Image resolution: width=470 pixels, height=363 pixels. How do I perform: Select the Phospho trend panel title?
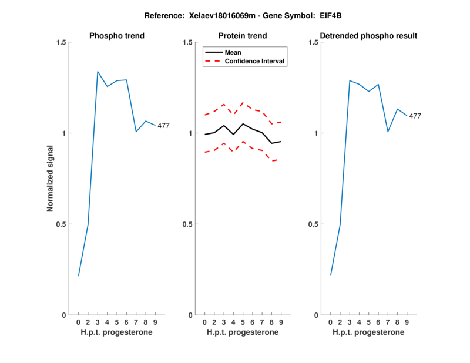pyautogui.click(x=117, y=36)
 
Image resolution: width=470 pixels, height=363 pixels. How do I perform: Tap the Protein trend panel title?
pyautogui.click(x=243, y=36)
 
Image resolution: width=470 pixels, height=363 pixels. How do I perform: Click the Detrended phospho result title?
pyautogui.click(x=369, y=36)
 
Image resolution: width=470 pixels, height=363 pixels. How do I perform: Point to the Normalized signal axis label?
pyautogui.click(x=51, y=179)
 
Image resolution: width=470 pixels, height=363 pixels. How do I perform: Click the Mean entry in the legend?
pyautogui.click(x=233, y=52)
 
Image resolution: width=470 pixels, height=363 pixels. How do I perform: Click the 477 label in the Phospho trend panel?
pyautogui.click(x=163, y=126)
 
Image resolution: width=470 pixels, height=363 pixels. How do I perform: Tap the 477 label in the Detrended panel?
pyautogui.click(x=415, y=116)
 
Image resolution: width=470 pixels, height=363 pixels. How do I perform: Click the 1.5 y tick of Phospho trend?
pyautogui.click(x=61, y=42)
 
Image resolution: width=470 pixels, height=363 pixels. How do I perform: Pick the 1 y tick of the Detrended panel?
pyautogui.click(x=315, y=133)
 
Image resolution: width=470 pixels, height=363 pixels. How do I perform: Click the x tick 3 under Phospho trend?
pyautogui.click(x=98, y=322)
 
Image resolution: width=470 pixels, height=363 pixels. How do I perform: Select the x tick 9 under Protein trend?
pyautogui.click(x=281, y=322)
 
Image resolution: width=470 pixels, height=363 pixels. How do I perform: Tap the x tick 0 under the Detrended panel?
pyautogui.click(x=331, y=322)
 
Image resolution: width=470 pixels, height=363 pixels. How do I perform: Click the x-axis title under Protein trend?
pyautogui.click(x=243, y=332)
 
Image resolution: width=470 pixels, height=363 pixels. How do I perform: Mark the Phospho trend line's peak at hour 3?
pyautogui.click(x=98, y=72)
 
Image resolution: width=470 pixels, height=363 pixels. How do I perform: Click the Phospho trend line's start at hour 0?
pyautogui.click(x=79, y=275)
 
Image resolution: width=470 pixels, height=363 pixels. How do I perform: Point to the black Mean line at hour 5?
pyautogui.click(x=243, y=124)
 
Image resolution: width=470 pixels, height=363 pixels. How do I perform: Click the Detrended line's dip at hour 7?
pyautogui.click(x=388, y=132)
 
